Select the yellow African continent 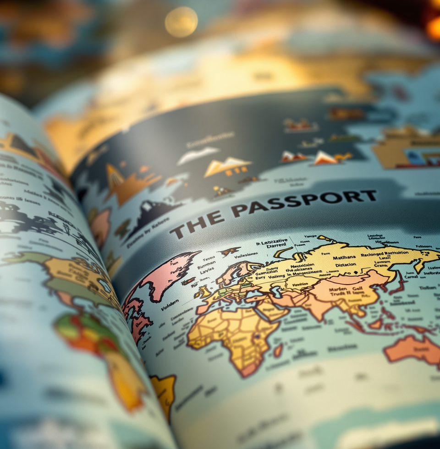pyautogui.click(x=229, y=334)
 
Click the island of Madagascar pyautogui.click(x=278, y=350)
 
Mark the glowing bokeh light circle pyautogui.click(x=181, y=22)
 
